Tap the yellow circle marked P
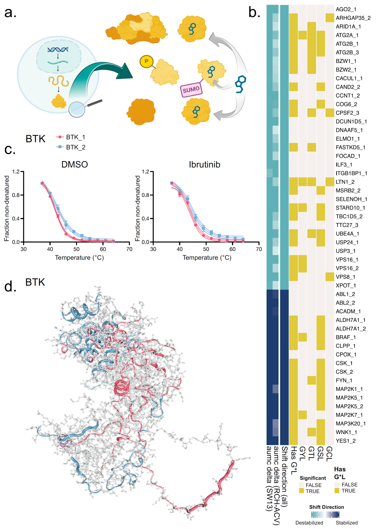click(146, 62)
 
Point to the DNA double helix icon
click(58, 50)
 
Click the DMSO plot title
click(75, 164)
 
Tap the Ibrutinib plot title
click(204, 164)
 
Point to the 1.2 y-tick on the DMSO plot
click(16, 172)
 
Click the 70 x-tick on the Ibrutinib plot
click(259, 249)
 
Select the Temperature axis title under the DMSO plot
click(79, 258)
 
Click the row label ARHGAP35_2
click(353, 18)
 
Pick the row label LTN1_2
click(345, 182)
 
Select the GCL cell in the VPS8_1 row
click(330, 277)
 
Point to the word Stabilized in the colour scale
click(347, 523)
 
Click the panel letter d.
click(10, 286)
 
